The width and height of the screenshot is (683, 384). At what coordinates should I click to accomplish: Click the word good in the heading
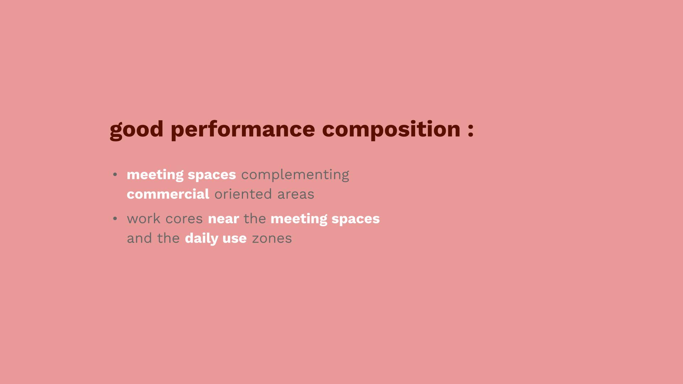(x=137, y=130)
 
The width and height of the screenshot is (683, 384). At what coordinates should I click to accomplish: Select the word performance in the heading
(x=243, y=130)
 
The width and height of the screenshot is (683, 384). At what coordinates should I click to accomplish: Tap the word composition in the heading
(x=391, y=130)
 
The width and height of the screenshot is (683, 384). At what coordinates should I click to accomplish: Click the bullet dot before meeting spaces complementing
(x=115, y=174)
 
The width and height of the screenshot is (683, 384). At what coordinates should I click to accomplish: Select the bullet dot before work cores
(x=115, y=218)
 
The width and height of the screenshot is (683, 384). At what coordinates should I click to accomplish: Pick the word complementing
(x=295, y=175)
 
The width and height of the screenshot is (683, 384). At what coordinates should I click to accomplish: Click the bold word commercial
(x=168, y=194)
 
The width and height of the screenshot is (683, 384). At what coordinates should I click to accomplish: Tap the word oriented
(x=243, y=194)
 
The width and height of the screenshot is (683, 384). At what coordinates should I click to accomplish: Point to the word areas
(x=296, y=194)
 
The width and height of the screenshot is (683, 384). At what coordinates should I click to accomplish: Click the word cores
(x=184, y=219)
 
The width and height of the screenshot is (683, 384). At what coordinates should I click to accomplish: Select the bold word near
(x=223, y=219)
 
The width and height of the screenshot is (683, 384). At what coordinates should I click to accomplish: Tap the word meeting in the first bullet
(x=155, y=175)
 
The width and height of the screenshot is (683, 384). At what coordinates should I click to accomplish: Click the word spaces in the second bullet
(x=356, y=219)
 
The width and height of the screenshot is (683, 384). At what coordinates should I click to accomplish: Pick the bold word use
(x=234, y=239)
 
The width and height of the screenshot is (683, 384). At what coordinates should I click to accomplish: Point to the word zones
(x=272, y=239)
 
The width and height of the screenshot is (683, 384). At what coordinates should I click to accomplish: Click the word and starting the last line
(x=139, y=238)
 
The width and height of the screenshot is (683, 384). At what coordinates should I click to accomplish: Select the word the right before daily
(x=168, y=238)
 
